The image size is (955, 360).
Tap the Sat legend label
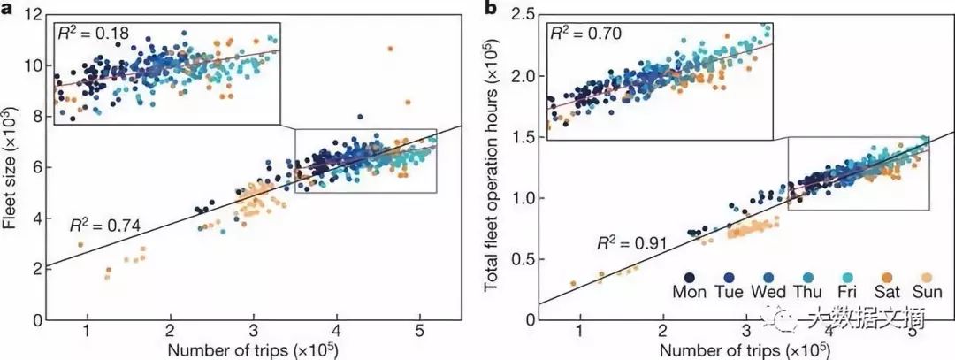886,291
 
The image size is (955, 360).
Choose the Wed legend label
768,291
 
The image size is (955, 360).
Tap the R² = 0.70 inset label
587,34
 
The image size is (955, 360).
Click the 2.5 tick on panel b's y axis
521,14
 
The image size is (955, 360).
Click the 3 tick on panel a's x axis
253,331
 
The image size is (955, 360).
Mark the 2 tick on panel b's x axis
663,331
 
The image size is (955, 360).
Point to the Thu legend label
807,291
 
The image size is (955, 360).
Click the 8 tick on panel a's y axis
38,116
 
